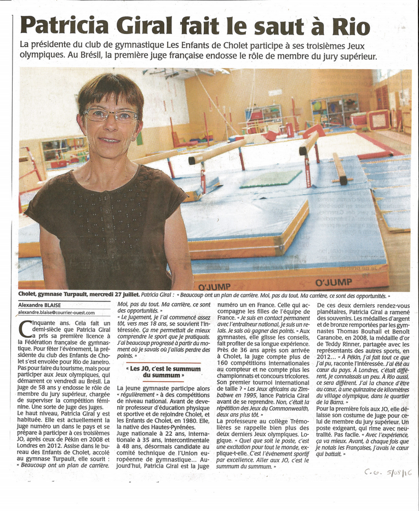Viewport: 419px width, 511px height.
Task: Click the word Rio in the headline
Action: click(351, 26)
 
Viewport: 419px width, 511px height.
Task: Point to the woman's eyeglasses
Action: click(111, 115)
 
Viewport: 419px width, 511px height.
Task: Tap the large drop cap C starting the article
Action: click(25, 328)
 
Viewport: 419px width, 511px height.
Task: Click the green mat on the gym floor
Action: click(271, 179)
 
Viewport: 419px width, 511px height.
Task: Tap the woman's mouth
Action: click(110, 140)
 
